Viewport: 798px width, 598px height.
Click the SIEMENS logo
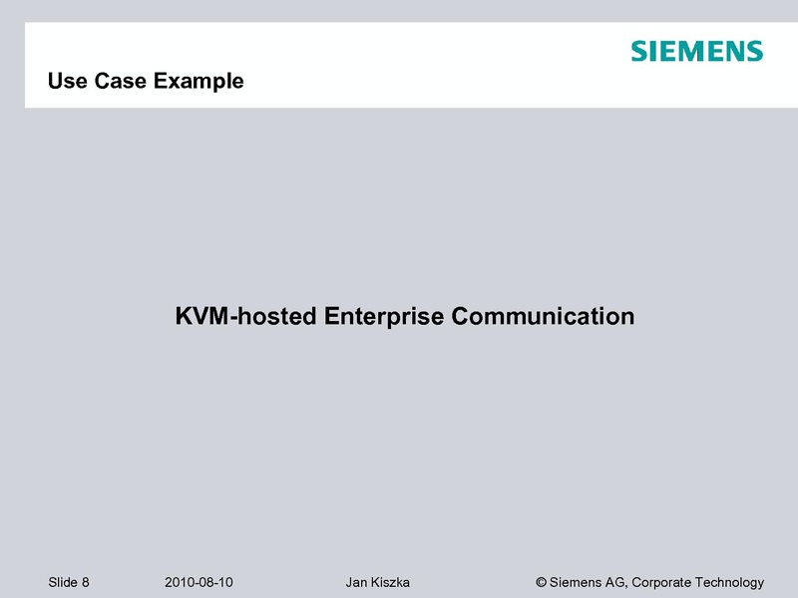coord(696,52)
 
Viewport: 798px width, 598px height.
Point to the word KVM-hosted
coord(245,317)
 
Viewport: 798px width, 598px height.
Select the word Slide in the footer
coord(62,582)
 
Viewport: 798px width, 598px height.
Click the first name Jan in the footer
coord(356,582)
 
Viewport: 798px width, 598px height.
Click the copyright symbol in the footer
coord(542,582)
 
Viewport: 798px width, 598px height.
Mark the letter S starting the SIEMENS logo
coord(639,52)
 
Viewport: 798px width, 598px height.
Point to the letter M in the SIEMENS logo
coord(695,52)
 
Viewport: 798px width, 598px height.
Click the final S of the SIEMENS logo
coord(753,52)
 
